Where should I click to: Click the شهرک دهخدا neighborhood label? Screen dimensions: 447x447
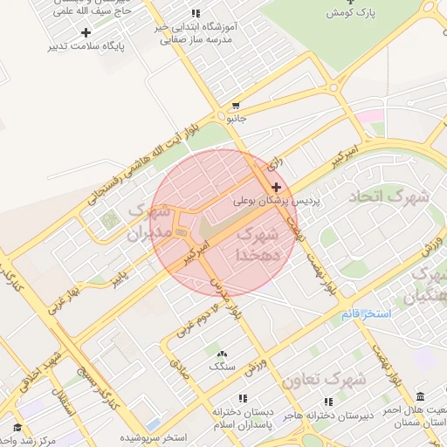pyautogui.click(x=257, y=245)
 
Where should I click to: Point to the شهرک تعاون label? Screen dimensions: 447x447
pyautogui.click(x=323, y=380)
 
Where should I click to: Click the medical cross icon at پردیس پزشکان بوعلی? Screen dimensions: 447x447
pyautogui.click(x=277, y=187)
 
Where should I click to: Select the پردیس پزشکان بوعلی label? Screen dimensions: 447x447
pyautogui.click(x=278, y=201)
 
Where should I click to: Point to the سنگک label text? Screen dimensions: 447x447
pyautogui.click(x=221, y=366)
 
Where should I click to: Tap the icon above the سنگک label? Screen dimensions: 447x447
pyautogui.click(x=220, y=353)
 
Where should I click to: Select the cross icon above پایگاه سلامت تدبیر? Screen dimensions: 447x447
pyautogui.click(x=86, y=32)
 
